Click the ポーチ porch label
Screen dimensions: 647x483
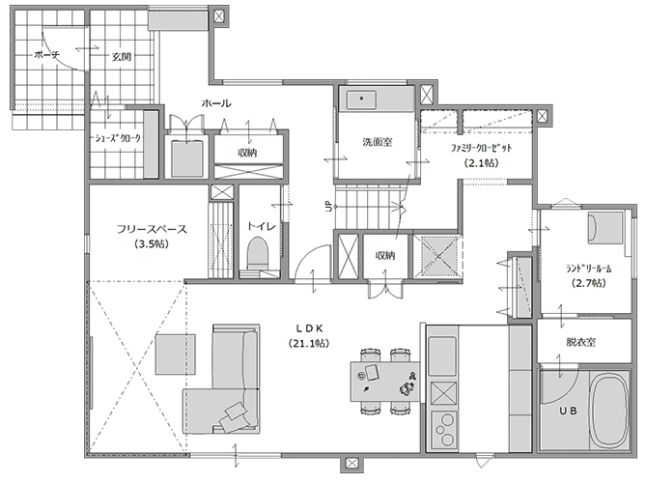47,55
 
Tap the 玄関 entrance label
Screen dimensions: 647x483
122,56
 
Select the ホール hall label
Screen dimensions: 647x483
216,103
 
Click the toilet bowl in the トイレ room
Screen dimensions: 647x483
258,253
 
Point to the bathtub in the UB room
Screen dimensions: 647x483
610,411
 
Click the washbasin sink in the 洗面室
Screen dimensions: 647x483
361,99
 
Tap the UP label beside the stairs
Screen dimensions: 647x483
329,206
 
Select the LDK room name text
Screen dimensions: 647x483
309,328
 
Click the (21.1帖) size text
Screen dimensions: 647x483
309,343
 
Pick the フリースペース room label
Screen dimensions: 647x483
152,229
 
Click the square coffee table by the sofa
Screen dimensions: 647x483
176,355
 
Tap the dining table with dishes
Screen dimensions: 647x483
385,381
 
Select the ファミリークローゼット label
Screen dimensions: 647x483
481,148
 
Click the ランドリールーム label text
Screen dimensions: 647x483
588,269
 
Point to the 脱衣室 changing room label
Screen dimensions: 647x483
580,342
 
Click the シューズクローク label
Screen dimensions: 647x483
118,139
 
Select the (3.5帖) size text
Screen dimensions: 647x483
152,244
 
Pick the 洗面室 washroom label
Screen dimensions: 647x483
378,142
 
